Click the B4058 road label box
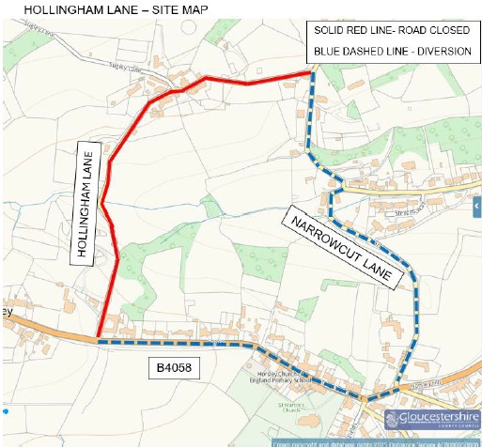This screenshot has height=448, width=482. tap(176, 370)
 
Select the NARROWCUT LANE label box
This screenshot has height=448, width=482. tap(351, 246)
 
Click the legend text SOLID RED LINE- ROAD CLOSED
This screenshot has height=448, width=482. tap(393, 31)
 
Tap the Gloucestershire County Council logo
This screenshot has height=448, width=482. tap(432, 419)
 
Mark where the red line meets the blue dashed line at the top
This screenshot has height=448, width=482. tap(311, 71)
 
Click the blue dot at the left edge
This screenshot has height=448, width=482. tap(5, 410)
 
